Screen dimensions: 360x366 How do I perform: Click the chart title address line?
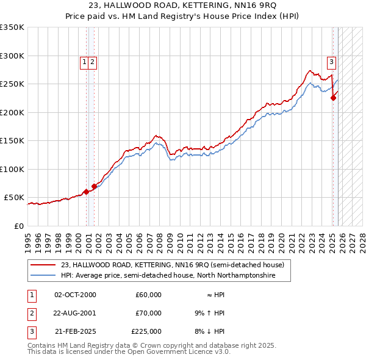pyautogui.click(x=183, y=6)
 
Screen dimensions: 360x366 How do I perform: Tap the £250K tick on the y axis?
pyautogui.click(x=12, y=84)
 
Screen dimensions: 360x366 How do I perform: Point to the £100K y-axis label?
pyautogui.click(x=12, y=169)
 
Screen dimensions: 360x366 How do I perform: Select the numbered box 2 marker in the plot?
pyautogui.click(x=92, y=61)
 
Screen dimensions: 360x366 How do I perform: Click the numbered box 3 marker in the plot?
pyautogui.click(x=331, y=61)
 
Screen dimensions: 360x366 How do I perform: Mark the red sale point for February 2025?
pyautogui.click(x=333, y=98)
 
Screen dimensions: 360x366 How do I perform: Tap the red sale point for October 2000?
pyautogui.click(x=86, y=192)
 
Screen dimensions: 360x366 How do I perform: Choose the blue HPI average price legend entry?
pyautogui.click(x=168, y=276)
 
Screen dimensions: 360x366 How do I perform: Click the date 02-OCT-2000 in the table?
pyautogui.click(x=75, y=295)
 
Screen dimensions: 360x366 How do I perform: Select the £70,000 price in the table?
pyautogui.click(x=148, y=313)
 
